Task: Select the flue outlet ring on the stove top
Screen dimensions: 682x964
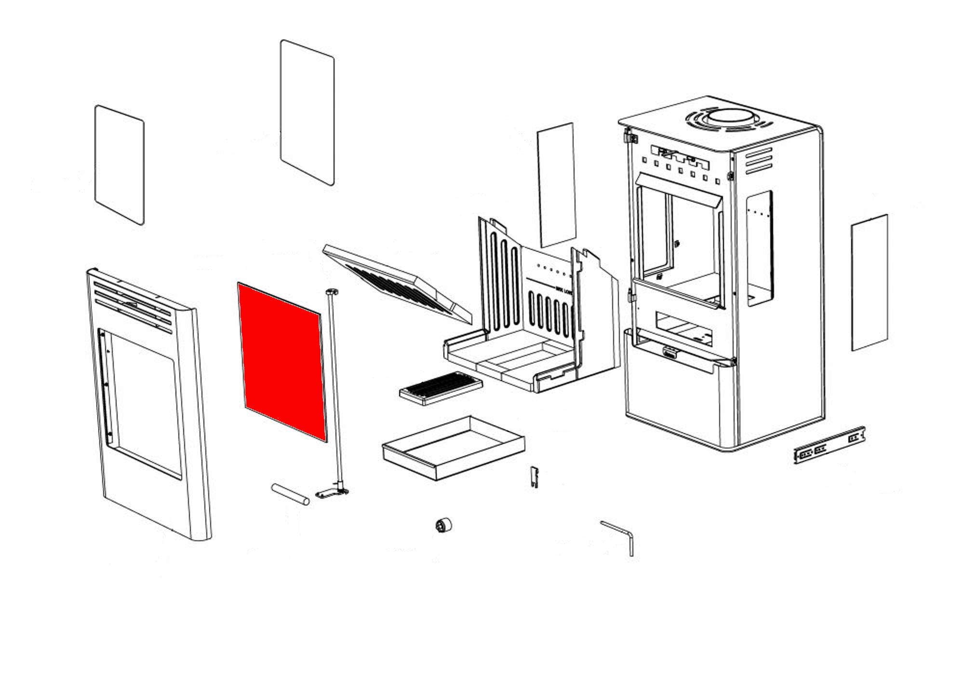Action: (729, 119)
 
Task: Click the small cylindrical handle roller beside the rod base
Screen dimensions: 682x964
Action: (291, 494)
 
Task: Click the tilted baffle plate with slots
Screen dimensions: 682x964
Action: (398, 285)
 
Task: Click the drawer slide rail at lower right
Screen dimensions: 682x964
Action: (829, 444)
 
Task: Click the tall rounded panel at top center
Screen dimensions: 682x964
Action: (307, 112)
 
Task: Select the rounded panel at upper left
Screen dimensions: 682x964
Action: (119, 164)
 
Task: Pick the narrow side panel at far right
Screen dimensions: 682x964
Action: (870, 282)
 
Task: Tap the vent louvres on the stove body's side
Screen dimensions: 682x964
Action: (759, 161)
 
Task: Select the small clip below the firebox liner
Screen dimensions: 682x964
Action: (534, 476)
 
